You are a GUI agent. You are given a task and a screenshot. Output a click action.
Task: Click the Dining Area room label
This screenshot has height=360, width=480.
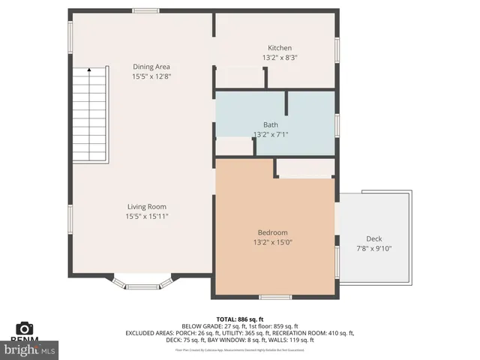tap(151, 67)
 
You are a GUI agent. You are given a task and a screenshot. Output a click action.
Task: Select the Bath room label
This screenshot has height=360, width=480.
tap(271, 124)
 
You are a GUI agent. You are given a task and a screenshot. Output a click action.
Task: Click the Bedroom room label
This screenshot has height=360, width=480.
tap(272, 232)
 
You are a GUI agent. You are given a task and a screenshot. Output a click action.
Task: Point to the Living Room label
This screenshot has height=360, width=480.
tap(146, 206)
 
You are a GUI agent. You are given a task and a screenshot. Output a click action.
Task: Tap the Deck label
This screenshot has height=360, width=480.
tap(373, 238)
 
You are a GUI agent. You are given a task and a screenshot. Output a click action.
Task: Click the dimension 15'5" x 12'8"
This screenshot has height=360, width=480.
tap(151, 76)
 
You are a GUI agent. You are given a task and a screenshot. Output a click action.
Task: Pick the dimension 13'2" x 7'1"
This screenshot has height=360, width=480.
tap(271, 134)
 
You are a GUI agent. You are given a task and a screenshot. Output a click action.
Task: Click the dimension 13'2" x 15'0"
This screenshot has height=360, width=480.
tap(272, 242)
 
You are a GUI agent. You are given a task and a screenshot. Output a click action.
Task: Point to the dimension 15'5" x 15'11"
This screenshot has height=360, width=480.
tap(146, 216)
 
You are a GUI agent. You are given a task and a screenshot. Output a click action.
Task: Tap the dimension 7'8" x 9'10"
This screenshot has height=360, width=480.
tap(373, 248)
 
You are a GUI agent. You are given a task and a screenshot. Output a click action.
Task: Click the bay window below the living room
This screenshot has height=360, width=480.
tap(142, 283)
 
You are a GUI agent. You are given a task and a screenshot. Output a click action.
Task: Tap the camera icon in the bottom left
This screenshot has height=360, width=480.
tap(25, 328)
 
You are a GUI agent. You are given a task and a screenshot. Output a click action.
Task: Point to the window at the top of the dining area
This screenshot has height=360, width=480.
tap(145, 10)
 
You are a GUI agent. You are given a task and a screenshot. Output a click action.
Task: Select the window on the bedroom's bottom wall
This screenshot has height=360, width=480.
tap(275, 297)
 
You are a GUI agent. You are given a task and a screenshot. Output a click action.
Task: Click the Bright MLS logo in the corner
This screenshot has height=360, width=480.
tap(30, 349)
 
